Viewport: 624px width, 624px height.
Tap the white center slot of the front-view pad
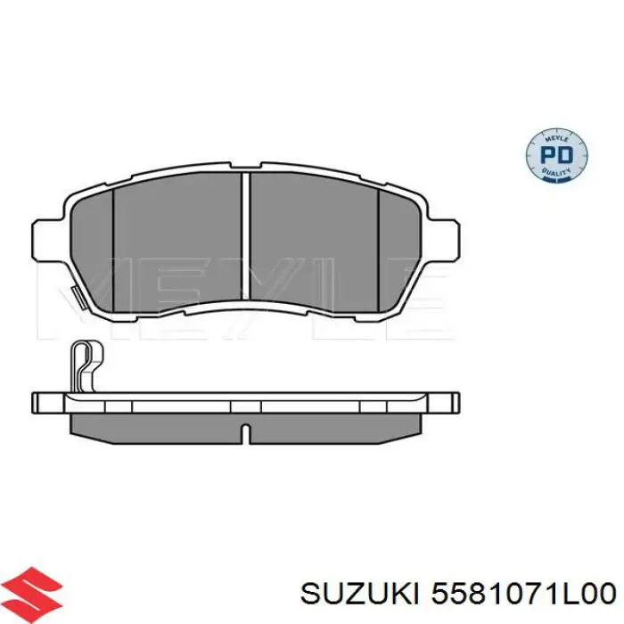[x=246, y=236]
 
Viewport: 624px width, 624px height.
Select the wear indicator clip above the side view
[x=86, y=365]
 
